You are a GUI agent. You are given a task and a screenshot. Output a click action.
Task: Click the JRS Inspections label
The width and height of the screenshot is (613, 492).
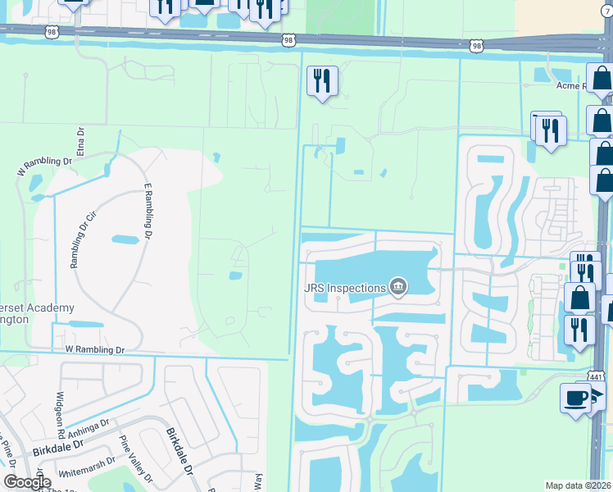pos(344,288)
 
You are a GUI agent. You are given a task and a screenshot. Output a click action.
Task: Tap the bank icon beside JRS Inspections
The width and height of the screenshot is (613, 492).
pos(398,286)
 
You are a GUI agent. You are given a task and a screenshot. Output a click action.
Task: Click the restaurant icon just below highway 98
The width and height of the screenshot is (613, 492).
pos(320,81)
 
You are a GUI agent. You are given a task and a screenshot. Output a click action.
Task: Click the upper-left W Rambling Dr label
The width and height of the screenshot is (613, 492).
pos(44,166)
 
